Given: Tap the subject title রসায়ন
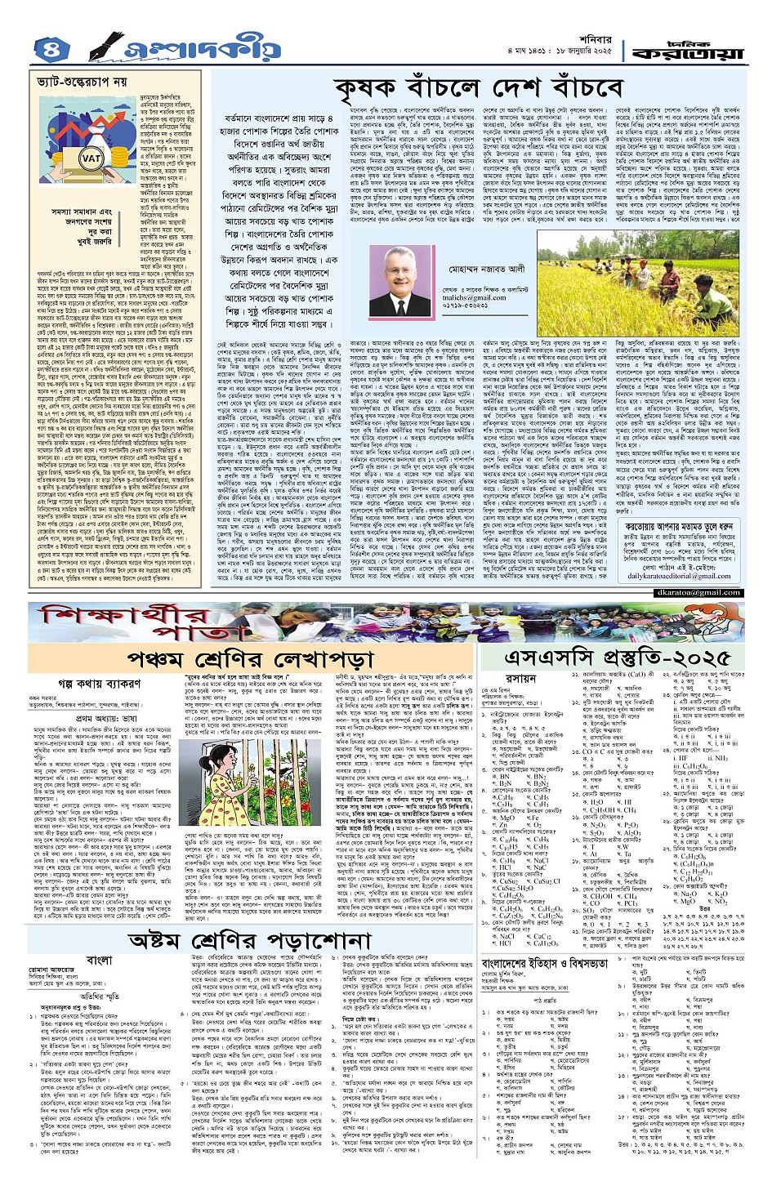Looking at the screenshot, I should click(521, 679).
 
